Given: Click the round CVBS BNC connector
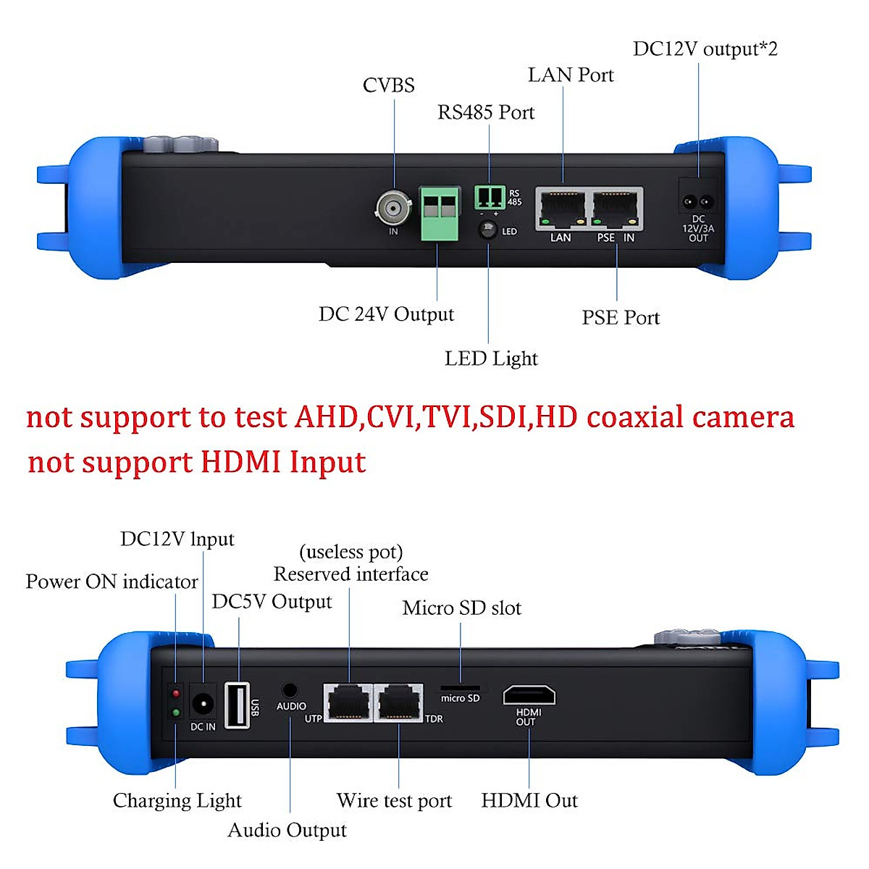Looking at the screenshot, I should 394,209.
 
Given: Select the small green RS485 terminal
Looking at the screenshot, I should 490,196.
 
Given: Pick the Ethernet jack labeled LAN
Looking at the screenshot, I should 561,209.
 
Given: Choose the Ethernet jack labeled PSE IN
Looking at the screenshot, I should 616,209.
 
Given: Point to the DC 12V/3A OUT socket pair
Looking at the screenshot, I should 697,201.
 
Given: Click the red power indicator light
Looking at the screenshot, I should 176,694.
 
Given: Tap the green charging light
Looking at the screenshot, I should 176,713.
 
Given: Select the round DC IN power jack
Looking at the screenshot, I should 203,702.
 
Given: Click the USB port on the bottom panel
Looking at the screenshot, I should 238,705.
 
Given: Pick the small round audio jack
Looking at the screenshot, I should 290,690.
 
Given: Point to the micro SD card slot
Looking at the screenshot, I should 460,688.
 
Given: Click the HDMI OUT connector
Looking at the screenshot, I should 529,694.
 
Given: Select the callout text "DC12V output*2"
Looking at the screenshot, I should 705,49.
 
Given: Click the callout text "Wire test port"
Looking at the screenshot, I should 394,800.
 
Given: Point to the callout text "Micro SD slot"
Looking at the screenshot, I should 461,608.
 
